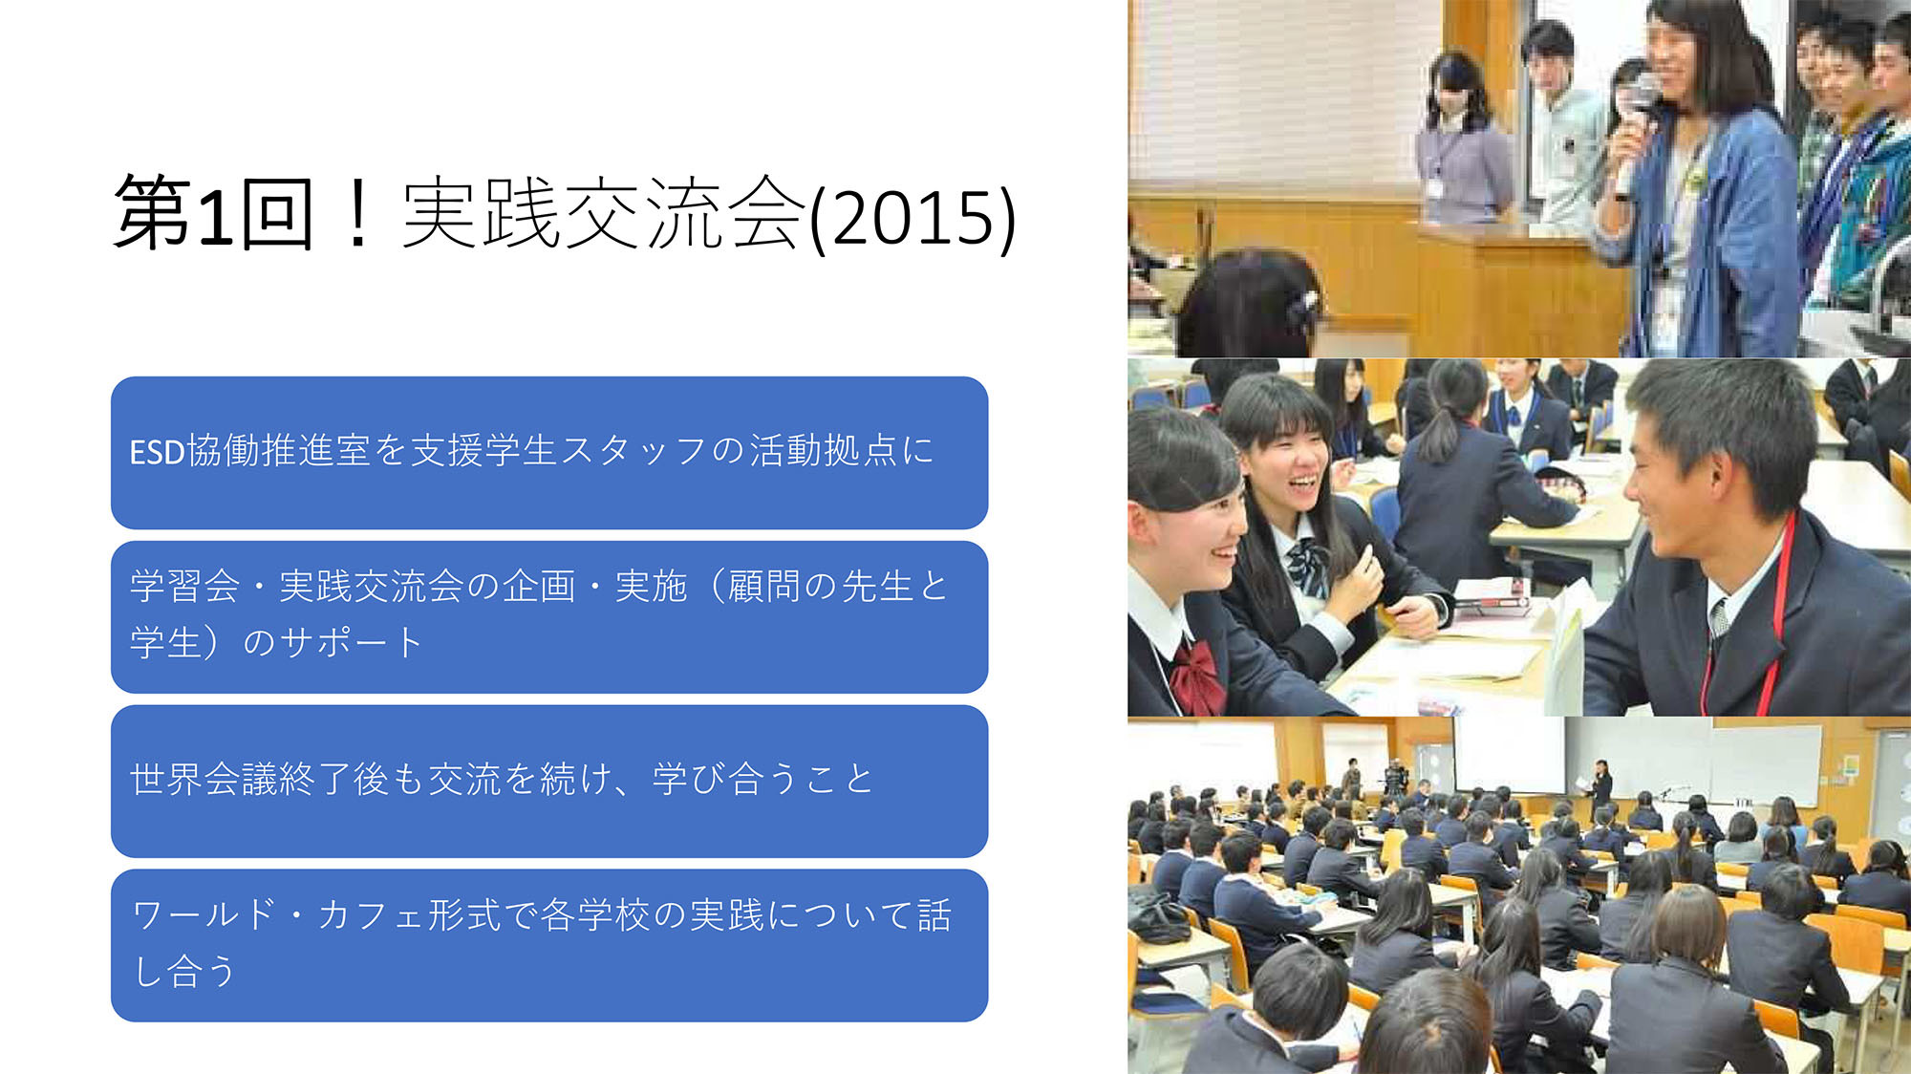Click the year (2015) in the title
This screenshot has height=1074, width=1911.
click(913, 218)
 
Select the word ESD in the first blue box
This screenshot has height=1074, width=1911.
click(157, 452)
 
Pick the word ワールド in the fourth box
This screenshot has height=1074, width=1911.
click(203, 915)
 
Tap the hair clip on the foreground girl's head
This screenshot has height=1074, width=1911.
click(1301, 304)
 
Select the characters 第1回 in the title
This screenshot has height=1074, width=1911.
click(213, 214)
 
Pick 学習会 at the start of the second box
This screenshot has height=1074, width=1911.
click(184, 586)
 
